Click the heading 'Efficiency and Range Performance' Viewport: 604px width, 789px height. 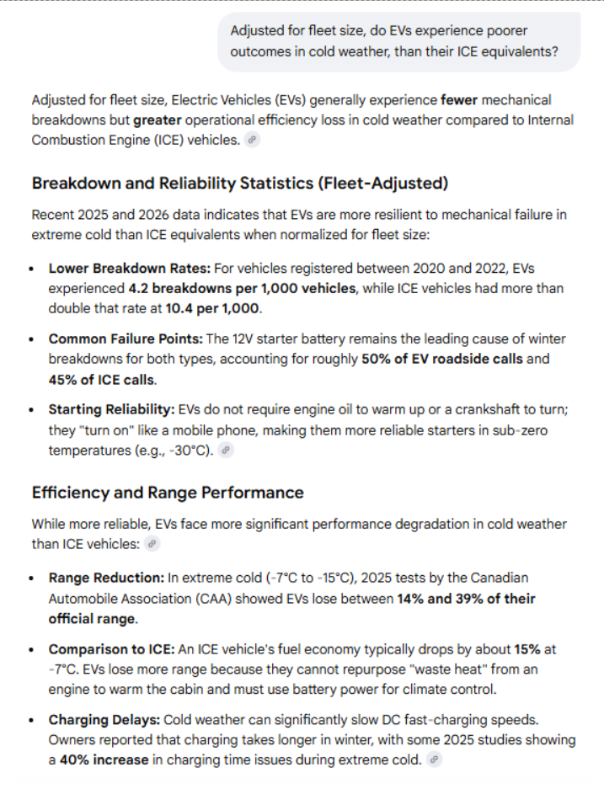click(168, 493)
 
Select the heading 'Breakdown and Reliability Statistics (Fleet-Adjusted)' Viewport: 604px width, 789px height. click(239, 183)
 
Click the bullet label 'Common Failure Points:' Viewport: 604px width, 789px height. click(125, 339)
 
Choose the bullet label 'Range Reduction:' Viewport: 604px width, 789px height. click(106, 578)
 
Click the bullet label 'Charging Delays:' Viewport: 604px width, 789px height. click(104, 720)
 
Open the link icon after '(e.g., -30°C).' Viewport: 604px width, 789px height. click(224, 450)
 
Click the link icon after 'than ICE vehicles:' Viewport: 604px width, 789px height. click(152, 544)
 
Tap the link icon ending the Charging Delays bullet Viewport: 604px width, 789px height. click(433, 760)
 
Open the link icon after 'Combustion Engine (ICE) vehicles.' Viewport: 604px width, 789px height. click(252, 140)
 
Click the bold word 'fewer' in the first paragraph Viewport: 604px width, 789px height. click(459, 100)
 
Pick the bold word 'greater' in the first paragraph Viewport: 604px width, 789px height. click(156, 120)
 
